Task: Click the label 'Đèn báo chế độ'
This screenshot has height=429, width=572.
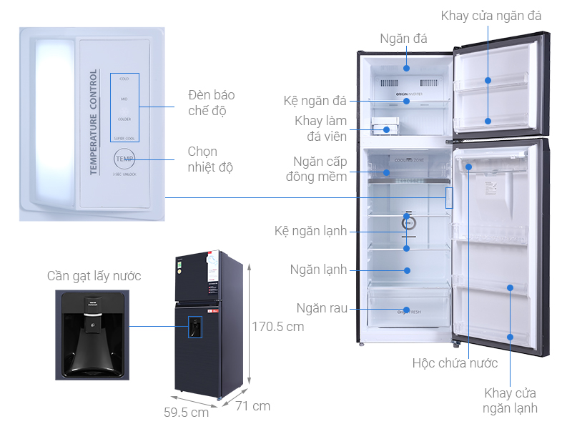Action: [212, 103]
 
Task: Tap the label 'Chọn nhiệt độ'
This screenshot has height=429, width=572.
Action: [212, 159]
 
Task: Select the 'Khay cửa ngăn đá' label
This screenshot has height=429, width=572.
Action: [490, 16]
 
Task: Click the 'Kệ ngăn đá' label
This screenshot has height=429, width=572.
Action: [315, 100]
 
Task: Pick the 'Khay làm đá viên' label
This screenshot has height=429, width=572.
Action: [321, 129]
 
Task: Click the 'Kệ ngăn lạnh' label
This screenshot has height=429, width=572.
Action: [311, 231]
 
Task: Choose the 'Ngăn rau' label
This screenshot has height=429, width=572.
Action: [323, 308]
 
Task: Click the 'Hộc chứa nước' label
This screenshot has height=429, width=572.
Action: [455, 363]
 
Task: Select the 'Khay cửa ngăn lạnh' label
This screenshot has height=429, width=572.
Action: [510, 401]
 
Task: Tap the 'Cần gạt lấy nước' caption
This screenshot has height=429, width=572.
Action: [94, 276]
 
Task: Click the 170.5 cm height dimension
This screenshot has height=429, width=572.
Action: [278, 327]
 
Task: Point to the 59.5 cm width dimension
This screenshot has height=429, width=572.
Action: [185, 413]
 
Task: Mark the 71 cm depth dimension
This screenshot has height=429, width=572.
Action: [252, 405]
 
